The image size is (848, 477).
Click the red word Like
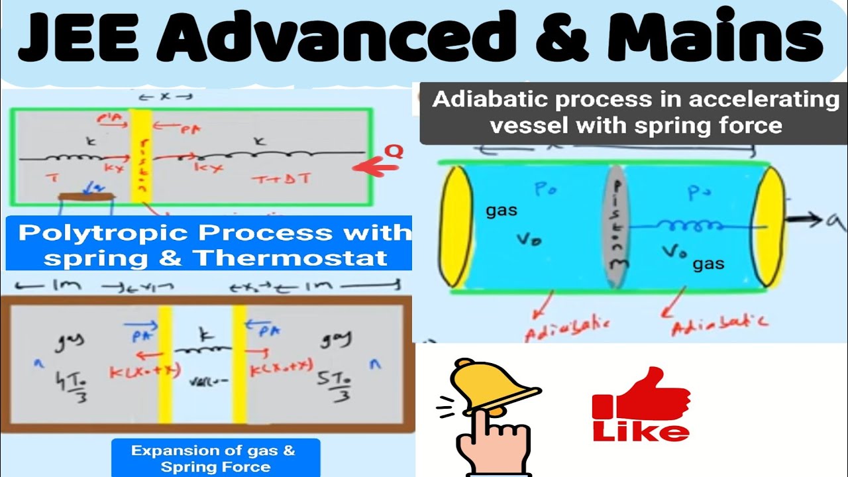point(641,432)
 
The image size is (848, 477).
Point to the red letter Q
point(395,152)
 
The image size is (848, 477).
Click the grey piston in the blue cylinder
point(617,225)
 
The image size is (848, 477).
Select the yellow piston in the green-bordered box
point(141,155)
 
